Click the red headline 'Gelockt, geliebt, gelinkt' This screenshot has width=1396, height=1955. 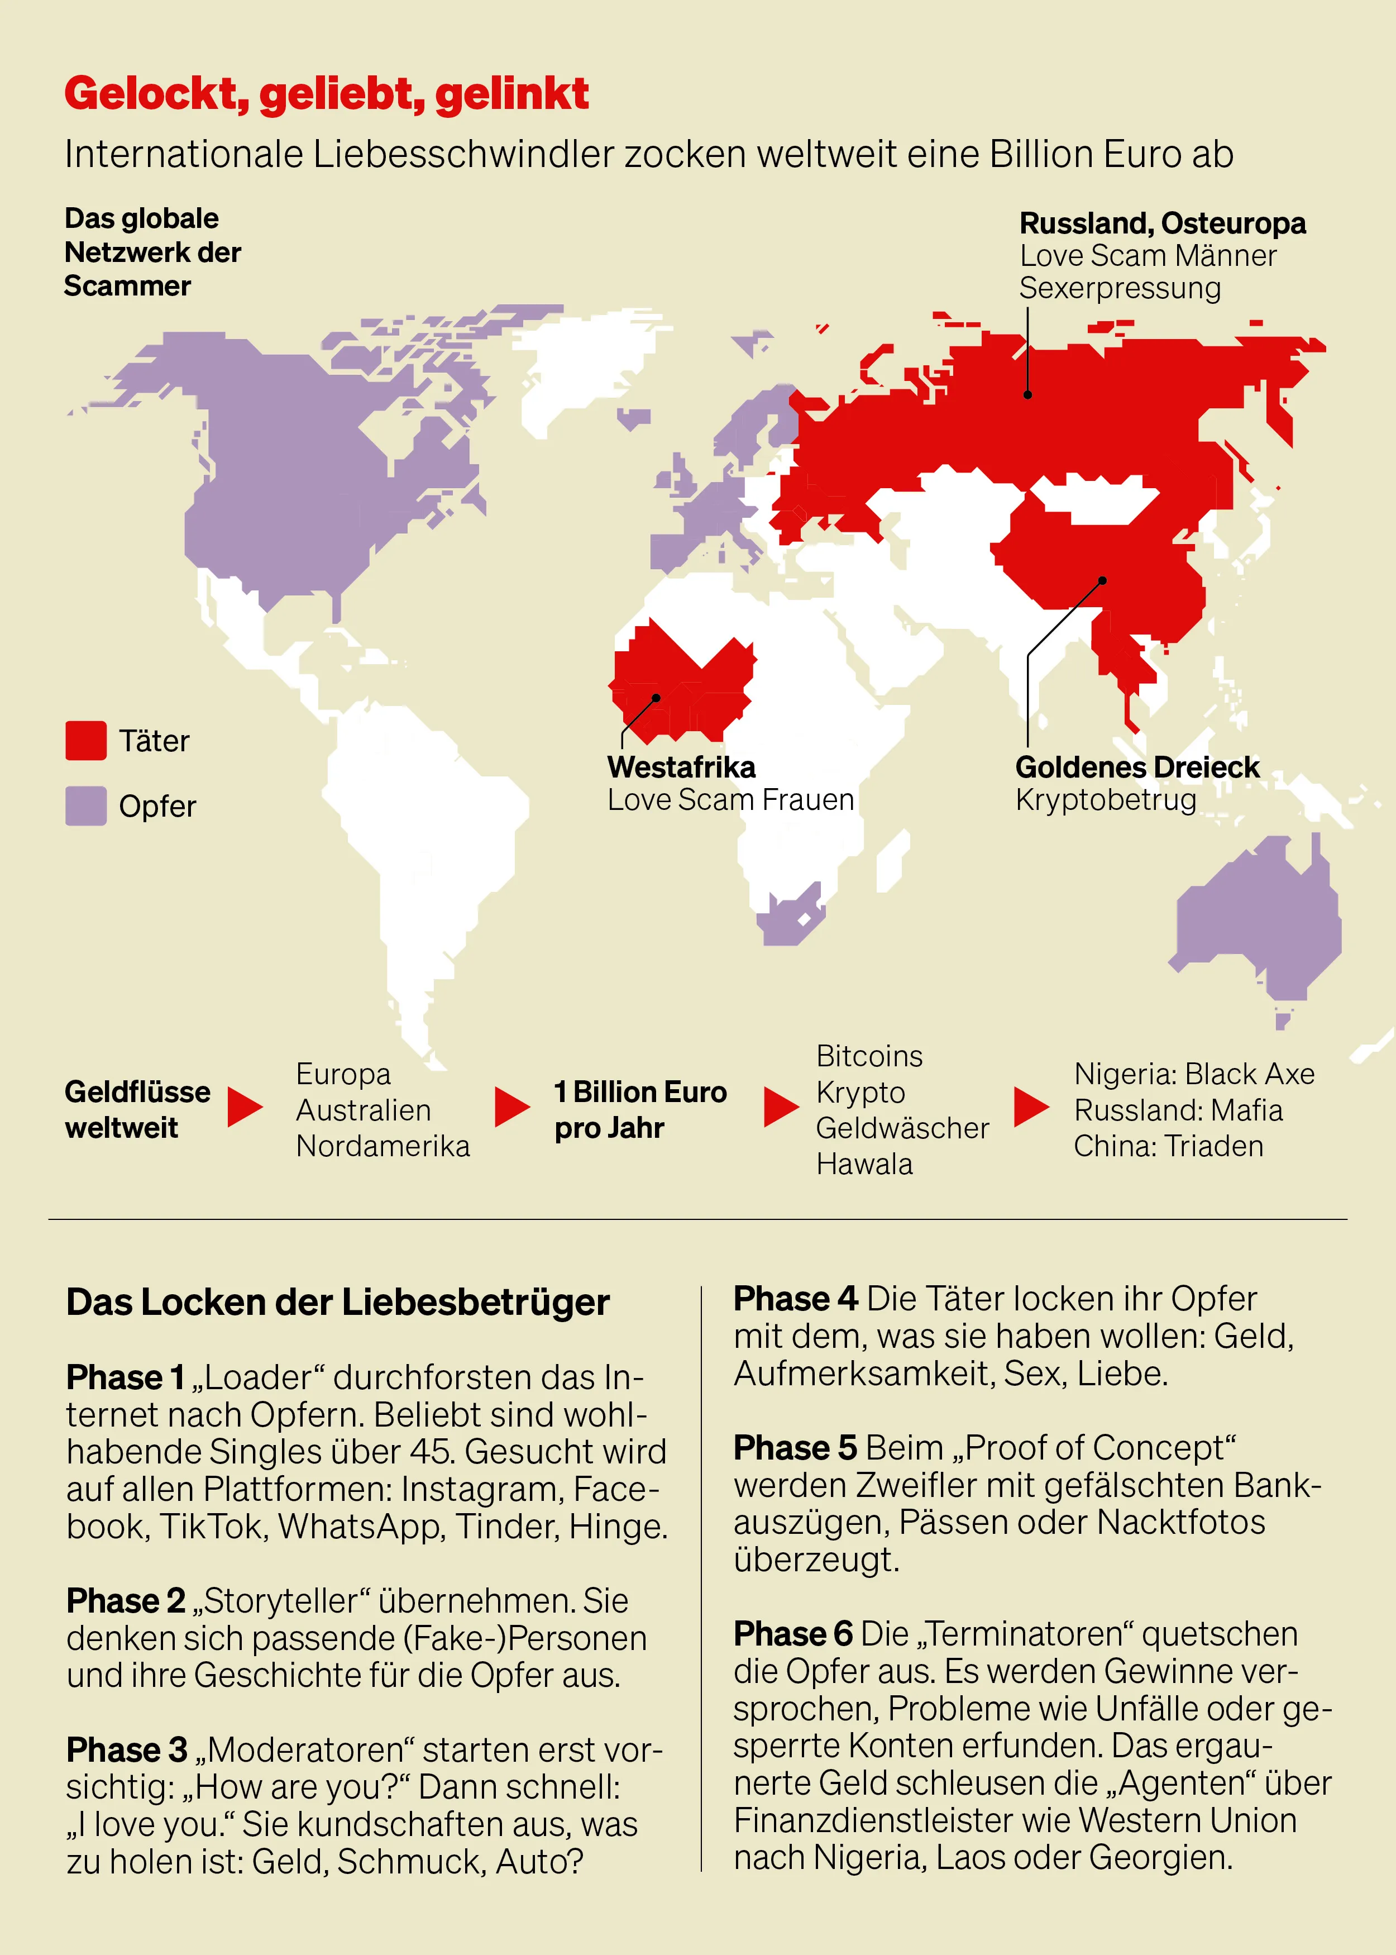click(x=327, y=94)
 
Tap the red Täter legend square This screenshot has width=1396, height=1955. click(x=86, y=740)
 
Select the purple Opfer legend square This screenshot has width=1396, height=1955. click(x=86, y=805)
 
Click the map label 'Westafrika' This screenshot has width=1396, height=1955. click(x=681, y=767)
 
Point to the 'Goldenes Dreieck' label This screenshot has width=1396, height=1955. click(x=1136, y=767)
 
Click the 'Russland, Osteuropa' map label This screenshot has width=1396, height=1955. click(x=1162, y=223)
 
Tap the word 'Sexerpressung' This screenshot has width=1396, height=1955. click(x=1119, y=288)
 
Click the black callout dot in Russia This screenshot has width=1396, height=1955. click(x=1027, y=394)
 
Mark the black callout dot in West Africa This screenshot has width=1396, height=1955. click(x=656, y=698)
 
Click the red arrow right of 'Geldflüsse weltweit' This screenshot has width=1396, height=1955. click(x=245, y=1107)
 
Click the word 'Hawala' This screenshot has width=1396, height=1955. click(x=864, y=1164)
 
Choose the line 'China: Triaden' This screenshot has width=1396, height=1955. click(x=1168, y=1146)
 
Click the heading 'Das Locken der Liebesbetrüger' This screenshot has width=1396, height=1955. click(x=338, y=1303)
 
